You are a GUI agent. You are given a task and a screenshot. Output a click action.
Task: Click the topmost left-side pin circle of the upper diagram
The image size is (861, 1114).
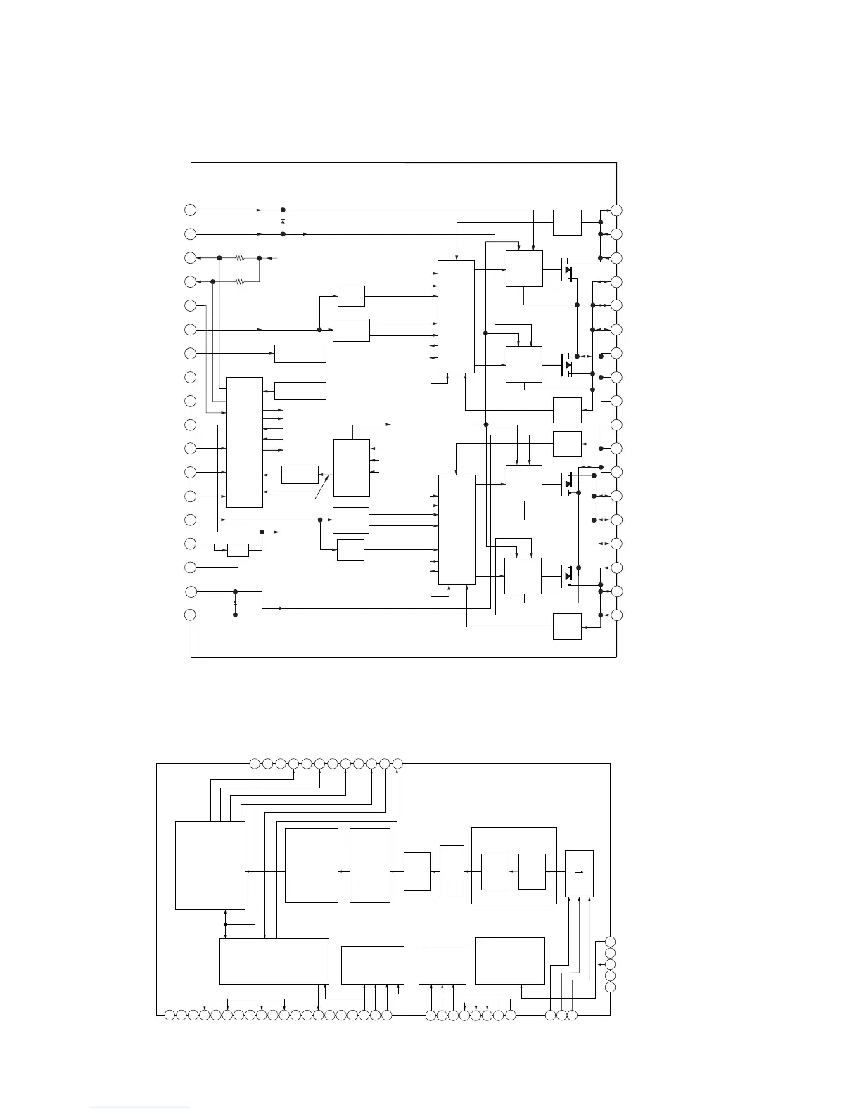point(190,210)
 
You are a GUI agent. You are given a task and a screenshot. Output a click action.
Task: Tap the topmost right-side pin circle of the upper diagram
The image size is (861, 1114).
point(617,210)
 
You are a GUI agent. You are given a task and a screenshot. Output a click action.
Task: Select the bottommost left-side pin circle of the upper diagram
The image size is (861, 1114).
point(190,615)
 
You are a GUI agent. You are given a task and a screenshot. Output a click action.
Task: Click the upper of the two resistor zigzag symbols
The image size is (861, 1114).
point(240,258)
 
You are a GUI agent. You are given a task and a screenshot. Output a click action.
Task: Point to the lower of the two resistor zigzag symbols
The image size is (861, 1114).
point(240,282)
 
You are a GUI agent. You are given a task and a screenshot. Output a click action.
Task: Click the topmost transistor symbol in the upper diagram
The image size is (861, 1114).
point(567,269)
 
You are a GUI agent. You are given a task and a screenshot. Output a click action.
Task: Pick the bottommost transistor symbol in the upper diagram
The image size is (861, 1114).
point(567,576)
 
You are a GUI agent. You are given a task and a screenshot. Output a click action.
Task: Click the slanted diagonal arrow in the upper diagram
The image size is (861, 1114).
point(322,487)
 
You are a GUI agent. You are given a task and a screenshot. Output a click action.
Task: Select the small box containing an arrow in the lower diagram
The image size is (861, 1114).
point(579,873)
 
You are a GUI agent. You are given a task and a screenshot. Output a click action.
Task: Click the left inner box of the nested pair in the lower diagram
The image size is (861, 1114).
point(495,872)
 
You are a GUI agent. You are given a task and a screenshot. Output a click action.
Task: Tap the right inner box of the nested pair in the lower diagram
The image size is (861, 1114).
point(532,872)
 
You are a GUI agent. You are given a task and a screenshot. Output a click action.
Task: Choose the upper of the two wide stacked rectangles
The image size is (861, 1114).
point(300,353)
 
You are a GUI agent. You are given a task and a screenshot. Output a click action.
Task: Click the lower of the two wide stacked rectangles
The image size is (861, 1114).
point(300,390)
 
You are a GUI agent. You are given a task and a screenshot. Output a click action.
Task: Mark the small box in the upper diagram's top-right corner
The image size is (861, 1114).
point(567,222)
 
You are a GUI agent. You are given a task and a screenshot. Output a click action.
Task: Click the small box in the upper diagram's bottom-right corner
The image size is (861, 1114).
point(567,627)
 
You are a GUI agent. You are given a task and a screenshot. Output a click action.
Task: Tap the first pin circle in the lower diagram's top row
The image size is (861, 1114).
point(255,763)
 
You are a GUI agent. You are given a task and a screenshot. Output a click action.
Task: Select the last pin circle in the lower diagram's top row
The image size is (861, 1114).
point(397,763)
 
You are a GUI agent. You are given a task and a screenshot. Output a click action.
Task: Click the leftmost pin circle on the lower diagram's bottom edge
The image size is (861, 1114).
point(170,1016)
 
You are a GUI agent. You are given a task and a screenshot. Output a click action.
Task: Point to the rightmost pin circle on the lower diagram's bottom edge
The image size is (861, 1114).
point(573,1016)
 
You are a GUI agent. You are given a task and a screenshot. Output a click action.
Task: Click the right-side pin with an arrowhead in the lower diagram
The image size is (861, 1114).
point(610,964)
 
